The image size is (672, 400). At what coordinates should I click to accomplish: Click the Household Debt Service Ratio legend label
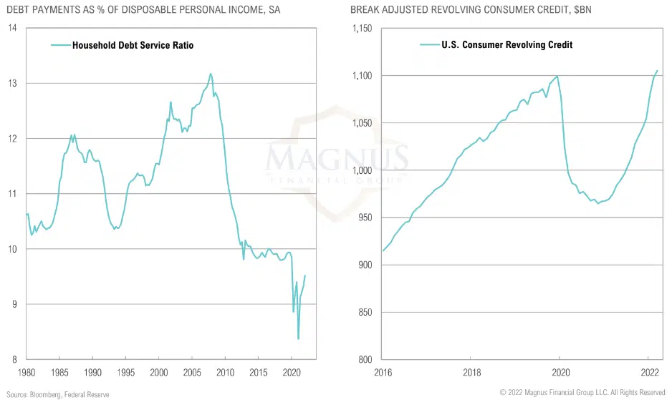tap(133, 45)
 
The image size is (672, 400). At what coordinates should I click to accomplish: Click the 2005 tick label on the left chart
tap(192, 373)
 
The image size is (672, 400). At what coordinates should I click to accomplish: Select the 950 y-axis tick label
tap(367, 218)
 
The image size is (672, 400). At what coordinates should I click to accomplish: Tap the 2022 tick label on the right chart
tap(649, 373)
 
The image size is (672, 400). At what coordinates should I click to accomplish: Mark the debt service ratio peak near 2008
tap(211, 73)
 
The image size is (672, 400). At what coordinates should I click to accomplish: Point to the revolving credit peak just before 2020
tap(557, 76)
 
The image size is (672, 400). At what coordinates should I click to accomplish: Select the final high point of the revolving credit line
tap(658, 70)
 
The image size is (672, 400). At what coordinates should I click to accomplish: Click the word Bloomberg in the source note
tap(44, 393)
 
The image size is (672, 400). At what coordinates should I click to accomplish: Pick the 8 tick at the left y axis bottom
tap(14, 359)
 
